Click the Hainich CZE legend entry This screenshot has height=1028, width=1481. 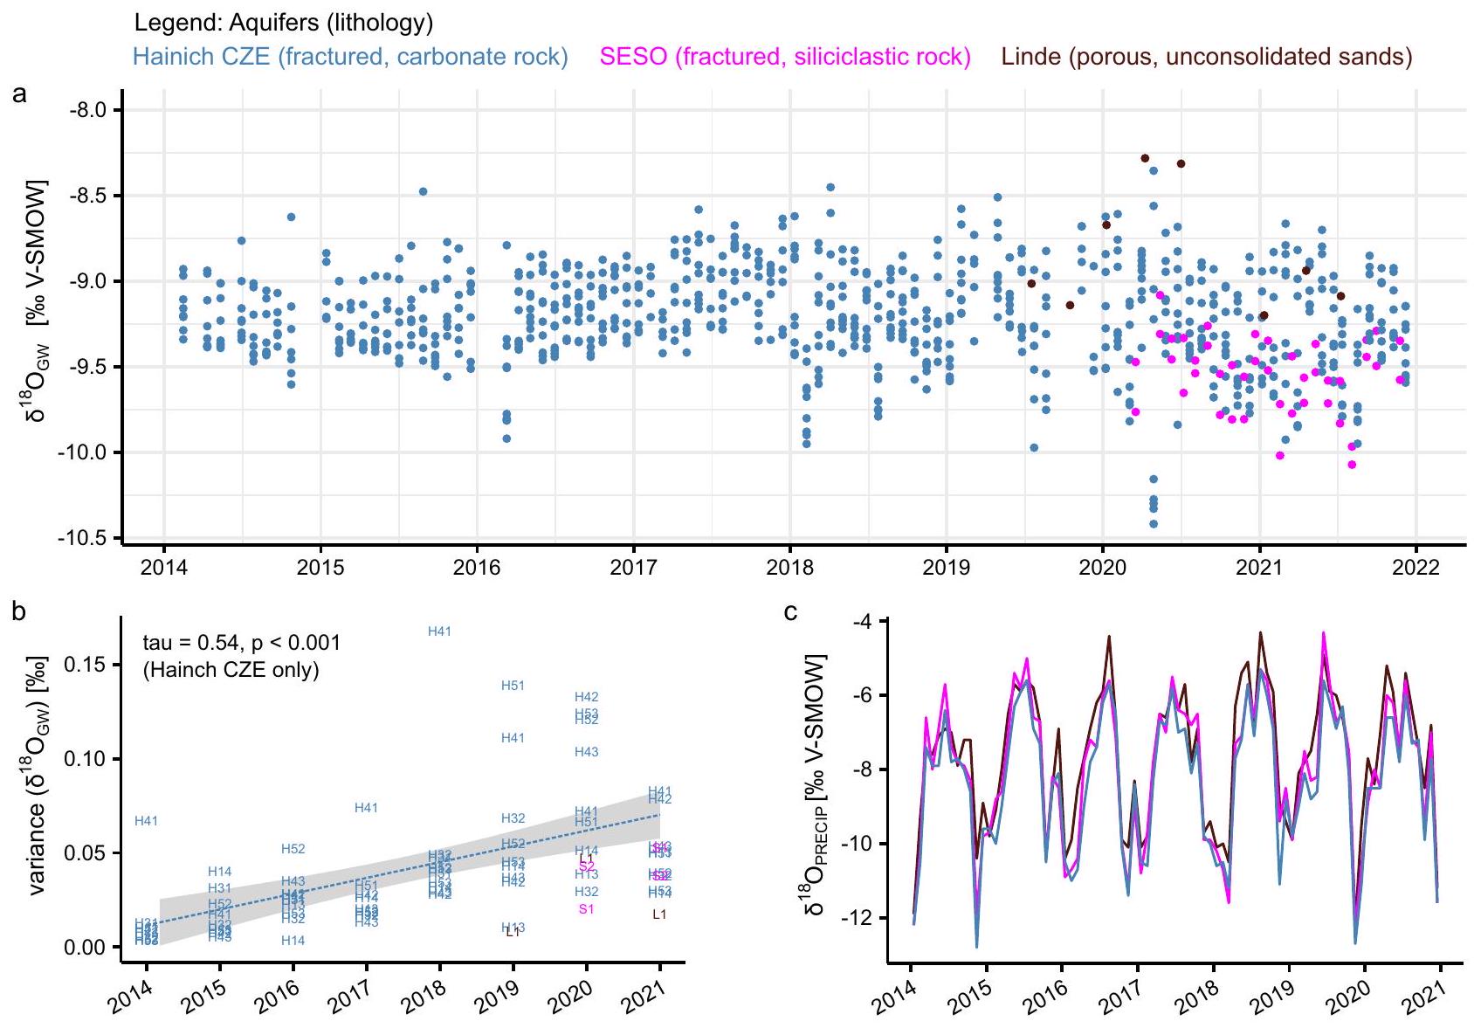(350, 58)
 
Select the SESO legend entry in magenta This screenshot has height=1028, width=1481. (785, 58)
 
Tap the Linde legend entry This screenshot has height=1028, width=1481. (1207, 58)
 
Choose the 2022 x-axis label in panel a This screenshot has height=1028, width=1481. (1415, 568)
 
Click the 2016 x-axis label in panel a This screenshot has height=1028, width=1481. (477, 568)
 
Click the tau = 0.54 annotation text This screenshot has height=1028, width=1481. (242, 644)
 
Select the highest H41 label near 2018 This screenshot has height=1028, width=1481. (439, 631)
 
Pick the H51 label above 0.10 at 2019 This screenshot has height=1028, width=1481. (513, 686)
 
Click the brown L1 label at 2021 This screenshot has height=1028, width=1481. (659, 914)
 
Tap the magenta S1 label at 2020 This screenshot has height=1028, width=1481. (586, 909)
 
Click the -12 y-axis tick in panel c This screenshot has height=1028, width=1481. (857, 918)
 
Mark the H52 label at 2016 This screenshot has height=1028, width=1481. (293, 849)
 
